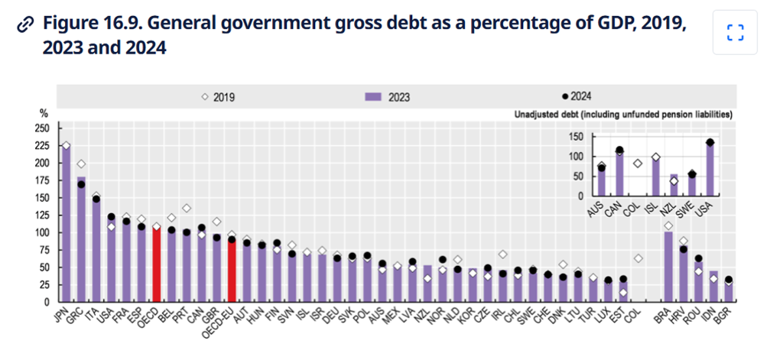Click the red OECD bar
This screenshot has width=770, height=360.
157,264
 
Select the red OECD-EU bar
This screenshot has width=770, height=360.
232,269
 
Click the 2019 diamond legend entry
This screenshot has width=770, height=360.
218,97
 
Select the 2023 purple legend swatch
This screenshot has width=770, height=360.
373,97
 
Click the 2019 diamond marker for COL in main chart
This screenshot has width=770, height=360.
637,258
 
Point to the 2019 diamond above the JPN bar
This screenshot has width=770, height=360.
66,145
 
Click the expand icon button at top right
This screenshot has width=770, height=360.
735,32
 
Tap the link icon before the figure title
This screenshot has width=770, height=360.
25,24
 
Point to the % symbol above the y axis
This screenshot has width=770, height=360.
43,113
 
